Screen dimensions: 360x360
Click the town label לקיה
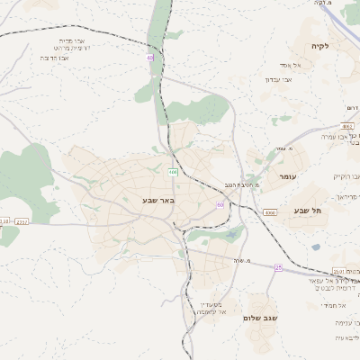[x=319, y=46]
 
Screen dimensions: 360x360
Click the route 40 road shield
[x=150, y=58]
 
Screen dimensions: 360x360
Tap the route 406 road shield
[x=173, y=172]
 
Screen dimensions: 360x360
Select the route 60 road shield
[x=220, y=205]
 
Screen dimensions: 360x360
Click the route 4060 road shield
[x=271, y=211]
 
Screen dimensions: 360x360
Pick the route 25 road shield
[x=279, y=267]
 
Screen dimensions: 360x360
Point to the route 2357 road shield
[x=22, y=220]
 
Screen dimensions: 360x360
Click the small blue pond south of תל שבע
[x=316, y=247]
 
